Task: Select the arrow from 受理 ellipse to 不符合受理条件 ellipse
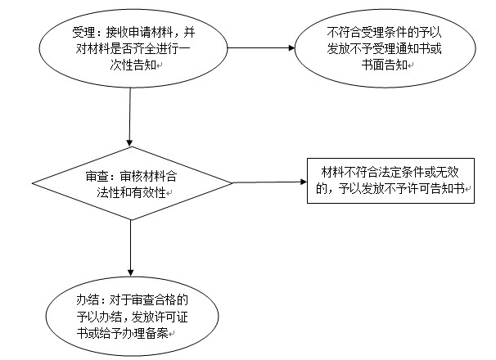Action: click(261, 48)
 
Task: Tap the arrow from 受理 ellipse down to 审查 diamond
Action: click(129, 117)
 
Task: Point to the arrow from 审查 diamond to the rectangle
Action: click(270, 182)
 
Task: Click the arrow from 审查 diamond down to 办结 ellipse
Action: click(131, 248)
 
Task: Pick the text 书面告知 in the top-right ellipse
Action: click(385, 65)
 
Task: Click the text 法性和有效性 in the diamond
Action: click(131, 192)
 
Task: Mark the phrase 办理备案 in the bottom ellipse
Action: click(145, 334)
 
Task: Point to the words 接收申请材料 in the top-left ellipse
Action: click(140, 32)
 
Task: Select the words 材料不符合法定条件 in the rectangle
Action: click(372, 172)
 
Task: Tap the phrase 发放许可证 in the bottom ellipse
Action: click(160, 317)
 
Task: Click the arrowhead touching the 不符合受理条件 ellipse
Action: click(291, 48)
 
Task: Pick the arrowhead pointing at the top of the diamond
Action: click(129, 142)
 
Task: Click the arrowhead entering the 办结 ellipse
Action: click(131, 273)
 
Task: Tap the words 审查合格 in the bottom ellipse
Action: click(154, 300)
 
